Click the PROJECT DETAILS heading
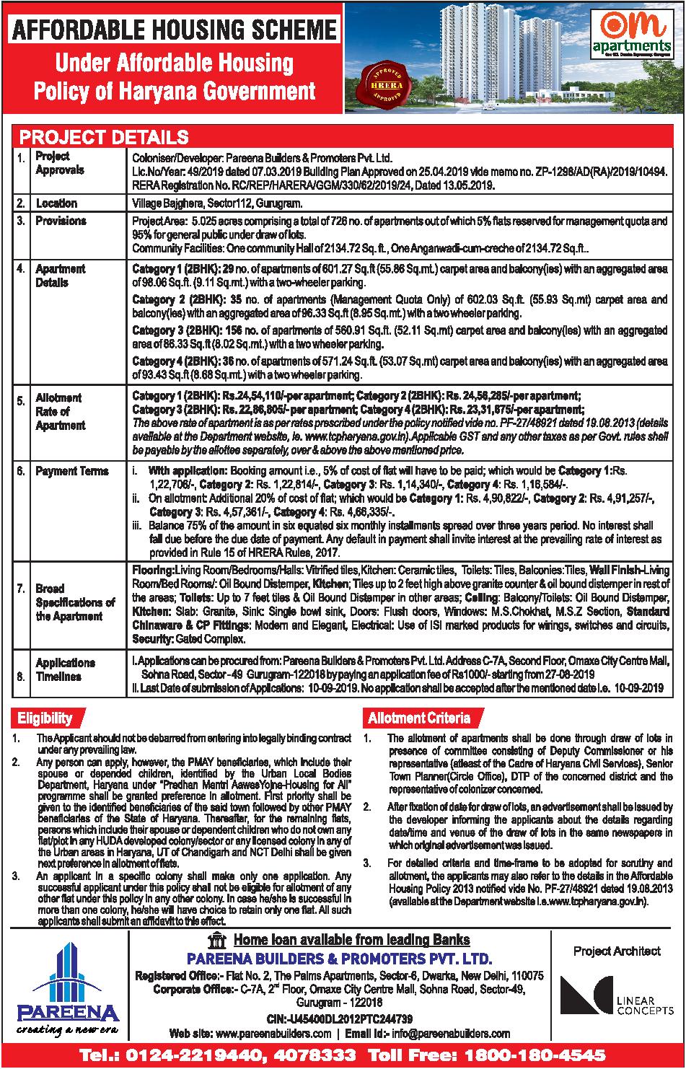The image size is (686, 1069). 103,137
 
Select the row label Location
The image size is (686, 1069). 56,203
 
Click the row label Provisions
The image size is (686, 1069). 61,221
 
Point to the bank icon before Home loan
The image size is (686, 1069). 215,940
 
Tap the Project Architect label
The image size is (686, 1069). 617,951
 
